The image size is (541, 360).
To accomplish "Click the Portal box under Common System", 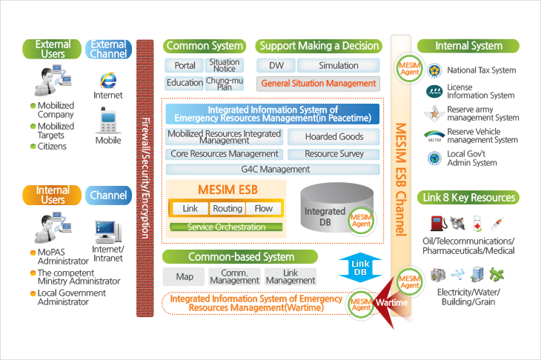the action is tap(185, 65).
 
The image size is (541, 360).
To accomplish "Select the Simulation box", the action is tap(339, 65).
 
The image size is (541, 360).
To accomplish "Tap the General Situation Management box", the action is tap(318, 84).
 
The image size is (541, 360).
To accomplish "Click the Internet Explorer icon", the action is tap(108, 80).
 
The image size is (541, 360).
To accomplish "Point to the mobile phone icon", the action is tap(108, 120).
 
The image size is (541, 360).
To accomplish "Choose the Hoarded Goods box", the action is tap(334, 136).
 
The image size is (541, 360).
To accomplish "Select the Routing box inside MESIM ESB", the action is tap(228, 209).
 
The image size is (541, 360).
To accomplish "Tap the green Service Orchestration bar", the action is tap(226, 227).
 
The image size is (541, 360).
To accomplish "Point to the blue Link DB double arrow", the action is tap(360, 267).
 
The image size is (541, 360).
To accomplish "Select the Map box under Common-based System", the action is tap(184, 276).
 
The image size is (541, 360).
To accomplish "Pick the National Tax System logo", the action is tap(434, 70).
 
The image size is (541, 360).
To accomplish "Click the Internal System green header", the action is tap(468, 46).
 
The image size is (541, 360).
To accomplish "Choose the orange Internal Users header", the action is tap(52, 195).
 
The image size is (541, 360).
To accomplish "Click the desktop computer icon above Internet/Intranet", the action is tap(108, 232).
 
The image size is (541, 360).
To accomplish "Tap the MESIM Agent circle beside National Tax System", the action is tap(410, 68).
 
